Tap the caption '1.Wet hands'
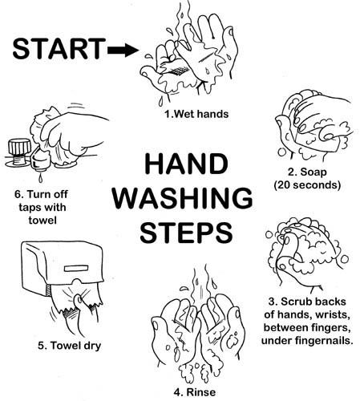click(196, 114)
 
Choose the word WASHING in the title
click(186, 199)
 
